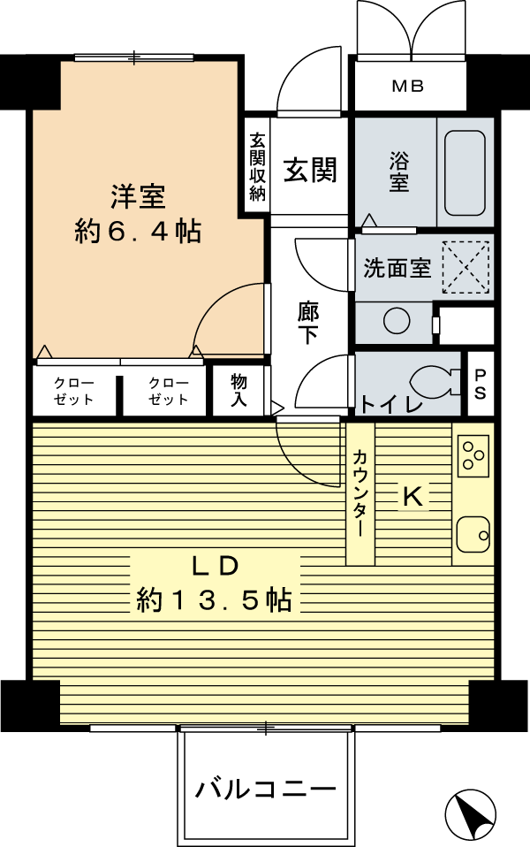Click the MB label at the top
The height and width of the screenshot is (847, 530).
point(407,86)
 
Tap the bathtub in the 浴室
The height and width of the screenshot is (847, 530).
point(465,172)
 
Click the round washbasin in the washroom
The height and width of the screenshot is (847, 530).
point(396,322)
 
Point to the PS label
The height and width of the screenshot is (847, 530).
point(480,384)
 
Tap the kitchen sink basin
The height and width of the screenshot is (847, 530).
point(473,534)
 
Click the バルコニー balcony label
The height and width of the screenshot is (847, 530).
point(266,790)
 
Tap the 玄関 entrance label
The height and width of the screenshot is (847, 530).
point(310,170)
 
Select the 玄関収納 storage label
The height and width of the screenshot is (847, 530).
point(257,167)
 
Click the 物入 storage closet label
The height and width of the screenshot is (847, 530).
point(239,390)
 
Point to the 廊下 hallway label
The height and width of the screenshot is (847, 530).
point(308,323)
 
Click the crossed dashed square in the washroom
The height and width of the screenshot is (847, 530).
point(466,268)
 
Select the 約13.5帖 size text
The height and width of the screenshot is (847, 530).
point(215,599)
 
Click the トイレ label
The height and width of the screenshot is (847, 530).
point(390,404)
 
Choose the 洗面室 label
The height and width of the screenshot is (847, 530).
point(397,268)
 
